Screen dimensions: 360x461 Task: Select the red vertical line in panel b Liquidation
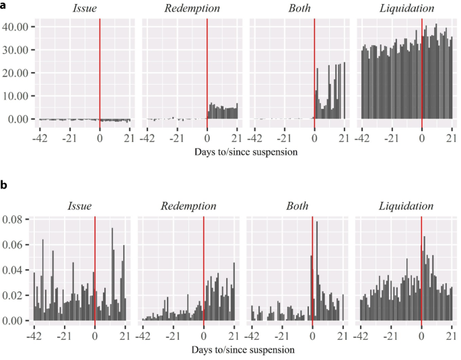coord(421,269)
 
